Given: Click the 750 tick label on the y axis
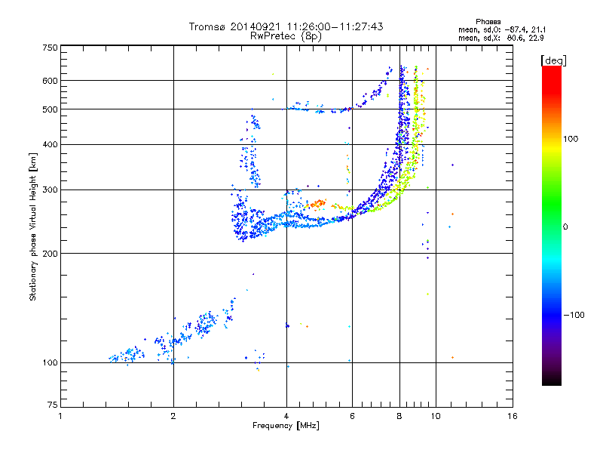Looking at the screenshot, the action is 50,48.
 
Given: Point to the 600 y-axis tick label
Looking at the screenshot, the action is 50,81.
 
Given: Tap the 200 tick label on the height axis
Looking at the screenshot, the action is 50,254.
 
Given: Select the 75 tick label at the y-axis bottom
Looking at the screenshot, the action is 52,405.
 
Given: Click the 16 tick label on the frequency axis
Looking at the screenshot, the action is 513,416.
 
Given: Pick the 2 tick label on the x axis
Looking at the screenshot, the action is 173,416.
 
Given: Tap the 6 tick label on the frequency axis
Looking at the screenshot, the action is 352,416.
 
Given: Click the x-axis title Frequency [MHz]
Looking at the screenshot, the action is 286,426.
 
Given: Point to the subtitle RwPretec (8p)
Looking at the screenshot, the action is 286,36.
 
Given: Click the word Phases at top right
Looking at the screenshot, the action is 488,22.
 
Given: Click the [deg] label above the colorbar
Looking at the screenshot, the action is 553,60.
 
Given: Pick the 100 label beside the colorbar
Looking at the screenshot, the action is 571,139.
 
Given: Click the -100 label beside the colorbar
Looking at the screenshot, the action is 574,315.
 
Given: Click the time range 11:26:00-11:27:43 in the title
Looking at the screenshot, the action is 335,26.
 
